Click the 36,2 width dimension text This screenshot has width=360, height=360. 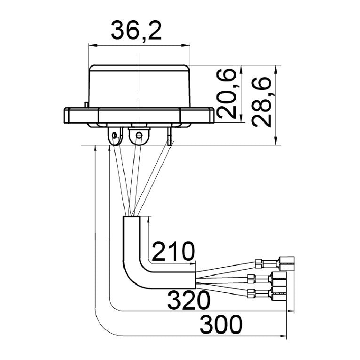tap(136, 30)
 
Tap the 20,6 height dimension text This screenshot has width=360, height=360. tap(226, 94)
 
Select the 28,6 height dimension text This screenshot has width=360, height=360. tap(262, 102)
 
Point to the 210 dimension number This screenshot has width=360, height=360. tap(173, 251)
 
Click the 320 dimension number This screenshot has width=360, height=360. tap(189, 300)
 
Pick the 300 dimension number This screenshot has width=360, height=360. tap(221, 325)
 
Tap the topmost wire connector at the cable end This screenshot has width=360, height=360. tap(275, 264)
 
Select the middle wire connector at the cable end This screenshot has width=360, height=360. tap(267, 279)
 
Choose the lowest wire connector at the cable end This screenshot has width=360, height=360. tap(267, 294)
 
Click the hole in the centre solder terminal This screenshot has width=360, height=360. tap(139, 135)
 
